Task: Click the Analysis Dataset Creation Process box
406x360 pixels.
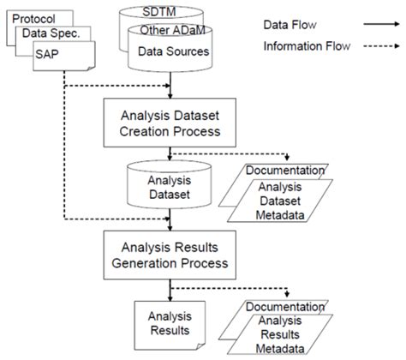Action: (x=172, y=123)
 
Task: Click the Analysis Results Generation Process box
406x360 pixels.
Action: (x=172, y=253)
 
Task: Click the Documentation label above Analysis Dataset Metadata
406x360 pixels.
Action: (x=285, y=169)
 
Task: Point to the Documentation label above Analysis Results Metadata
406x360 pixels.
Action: (x=285, y=306)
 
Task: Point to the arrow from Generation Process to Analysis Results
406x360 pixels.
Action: (x=172, y=286)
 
